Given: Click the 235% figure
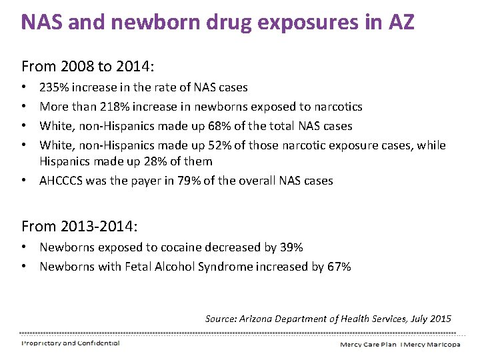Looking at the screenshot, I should coord(54,87).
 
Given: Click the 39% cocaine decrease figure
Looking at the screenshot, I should coord(292,247).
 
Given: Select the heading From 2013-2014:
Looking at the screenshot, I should coord(79,226).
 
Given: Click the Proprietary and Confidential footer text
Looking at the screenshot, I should coord(71,343).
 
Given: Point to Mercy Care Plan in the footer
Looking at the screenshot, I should coord(368,344).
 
